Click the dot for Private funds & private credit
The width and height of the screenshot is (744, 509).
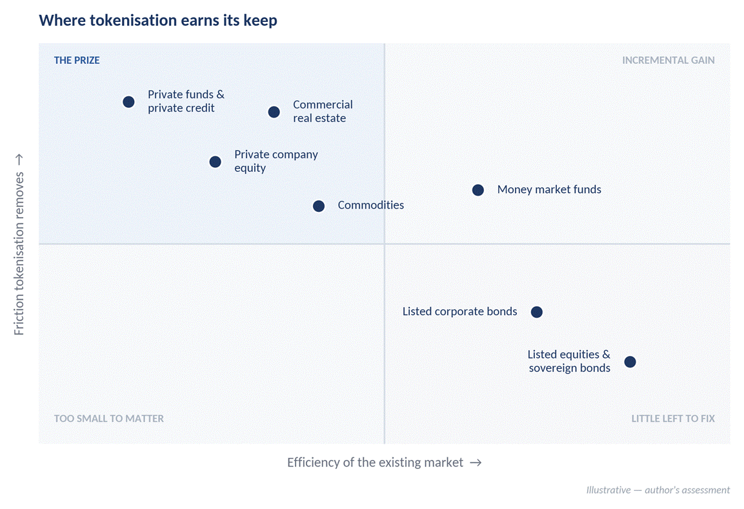(x=128, y=102)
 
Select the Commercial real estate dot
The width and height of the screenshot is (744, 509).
(x=274, y=112)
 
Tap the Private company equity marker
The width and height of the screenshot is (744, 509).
(x=215, y=162)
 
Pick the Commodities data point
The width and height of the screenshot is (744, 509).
(x=318, y=206)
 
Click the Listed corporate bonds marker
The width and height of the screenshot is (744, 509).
(x=537, y=312)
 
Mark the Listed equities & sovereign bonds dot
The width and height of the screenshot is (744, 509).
(x=630, y=362)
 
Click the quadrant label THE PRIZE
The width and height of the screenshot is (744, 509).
(x=77, y=60)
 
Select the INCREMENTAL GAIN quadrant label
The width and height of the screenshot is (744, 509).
(x=668, y=60)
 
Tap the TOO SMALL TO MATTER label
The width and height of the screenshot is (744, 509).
(x=108, y=419)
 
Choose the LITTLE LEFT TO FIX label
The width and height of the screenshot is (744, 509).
(x=673, y=419)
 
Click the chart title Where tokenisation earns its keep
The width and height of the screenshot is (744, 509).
(x=158, y=21)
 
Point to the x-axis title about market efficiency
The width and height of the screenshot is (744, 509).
(x=375, y=462)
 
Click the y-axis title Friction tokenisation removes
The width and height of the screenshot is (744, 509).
(x=19, y=254)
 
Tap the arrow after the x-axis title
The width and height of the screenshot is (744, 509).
(x=476, y=462)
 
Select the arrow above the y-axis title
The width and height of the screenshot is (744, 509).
(x=19, y=160)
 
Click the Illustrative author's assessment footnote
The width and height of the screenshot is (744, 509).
(x=658, y=490)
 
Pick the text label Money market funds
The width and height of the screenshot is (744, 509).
(x=549, y=189)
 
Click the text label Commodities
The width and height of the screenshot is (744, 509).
(x=370, y=205)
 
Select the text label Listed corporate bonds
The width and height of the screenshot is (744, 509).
(x=460, y=311)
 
